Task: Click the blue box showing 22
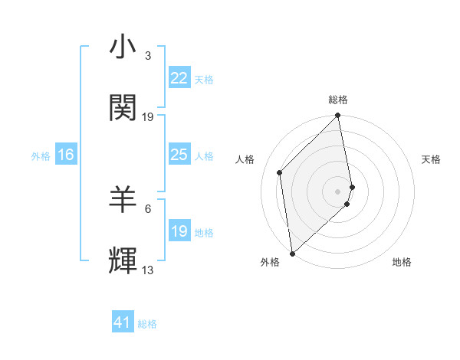[x=179, y=78]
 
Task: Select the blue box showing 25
[x=179, y=155]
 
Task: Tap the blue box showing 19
[x=179, y=231]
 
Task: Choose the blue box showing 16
[x=65, y=155]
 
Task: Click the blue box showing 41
[x=123, y=322]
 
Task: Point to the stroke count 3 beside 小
[x=147, y=56]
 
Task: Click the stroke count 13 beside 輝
[x=147, y=270]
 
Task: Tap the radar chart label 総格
[x=338, y=100]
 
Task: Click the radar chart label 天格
[x=431, y=159]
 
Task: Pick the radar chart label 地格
[x=402, y=262]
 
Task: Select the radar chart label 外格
[x=270, y=262]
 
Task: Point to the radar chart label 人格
[x=245, y=159]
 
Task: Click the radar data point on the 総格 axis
[x=338, y=116]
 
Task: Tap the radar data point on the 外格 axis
[x=292, y=253]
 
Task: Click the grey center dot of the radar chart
[x=338, y=191]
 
